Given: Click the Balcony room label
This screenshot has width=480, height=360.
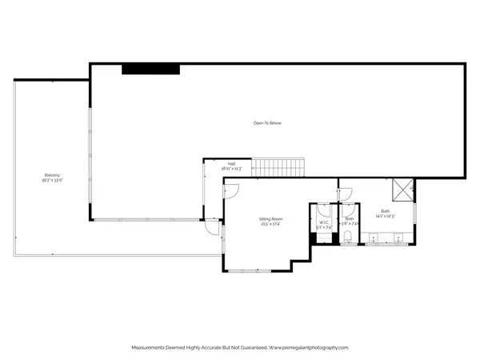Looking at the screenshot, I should click(x=52, y=175).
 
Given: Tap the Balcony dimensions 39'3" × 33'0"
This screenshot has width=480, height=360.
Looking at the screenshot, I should click(x=52, y=181).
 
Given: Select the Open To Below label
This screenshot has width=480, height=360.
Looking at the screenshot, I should click(x=267, y=123).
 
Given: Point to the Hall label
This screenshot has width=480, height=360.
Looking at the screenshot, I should click(x=231, y=164).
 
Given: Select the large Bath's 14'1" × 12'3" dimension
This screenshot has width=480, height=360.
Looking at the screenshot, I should click(x=386, y=217).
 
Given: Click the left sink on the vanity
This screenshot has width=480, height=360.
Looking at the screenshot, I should click(x=374, y=238).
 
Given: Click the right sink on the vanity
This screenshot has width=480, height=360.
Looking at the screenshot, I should click(x=400, y=238).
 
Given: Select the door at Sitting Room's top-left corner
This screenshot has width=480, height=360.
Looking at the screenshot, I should click(x=230, y=190).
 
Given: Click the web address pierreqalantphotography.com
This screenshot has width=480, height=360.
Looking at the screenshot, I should click(x=310, y=348).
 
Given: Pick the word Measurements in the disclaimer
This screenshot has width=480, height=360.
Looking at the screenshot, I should click(x=150, y=348).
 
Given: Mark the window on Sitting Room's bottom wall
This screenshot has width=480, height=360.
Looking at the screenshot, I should click(x=256, y=270).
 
